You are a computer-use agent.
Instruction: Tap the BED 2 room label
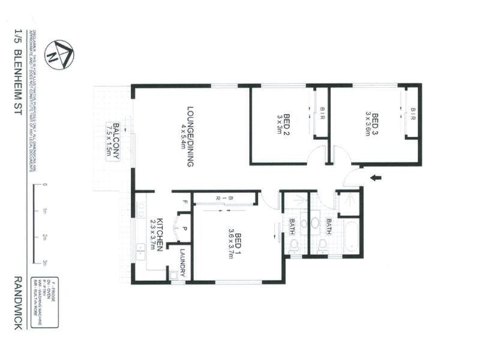(x=283, y=125)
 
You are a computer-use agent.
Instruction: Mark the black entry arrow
(x=376, y=177)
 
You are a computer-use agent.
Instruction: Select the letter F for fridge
(x=185, y=202)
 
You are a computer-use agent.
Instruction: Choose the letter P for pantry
(x=185, y=229)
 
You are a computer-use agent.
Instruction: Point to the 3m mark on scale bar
(x=45, y=262)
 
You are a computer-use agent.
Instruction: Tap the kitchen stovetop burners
(x=140, y=209)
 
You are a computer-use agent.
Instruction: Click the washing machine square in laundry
(x=174, y=275)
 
